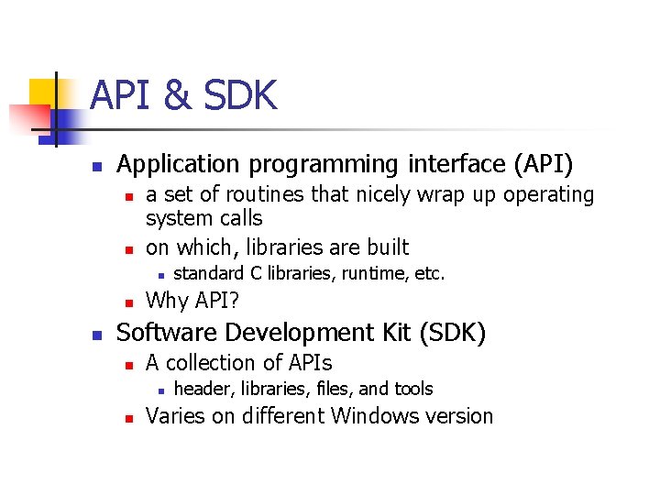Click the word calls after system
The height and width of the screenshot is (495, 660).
tap(239, 219)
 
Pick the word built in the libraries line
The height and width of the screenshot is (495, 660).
tap(385, 247)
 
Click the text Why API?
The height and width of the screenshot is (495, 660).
tap(193, 300)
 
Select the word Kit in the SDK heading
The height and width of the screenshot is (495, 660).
tap(389, 332)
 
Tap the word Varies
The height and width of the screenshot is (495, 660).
tap(176, 416)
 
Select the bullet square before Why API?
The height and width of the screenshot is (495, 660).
tap(129, 302)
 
